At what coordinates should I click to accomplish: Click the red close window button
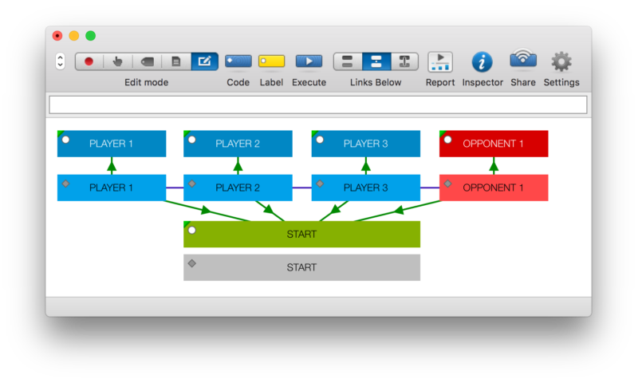click(x=57, y=36)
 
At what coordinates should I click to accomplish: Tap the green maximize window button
click(x=90, y=36)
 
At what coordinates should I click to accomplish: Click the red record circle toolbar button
click(x=89, y=61)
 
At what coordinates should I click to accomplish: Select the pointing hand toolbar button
click(x=117, y=61)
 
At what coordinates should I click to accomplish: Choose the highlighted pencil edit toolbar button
click(x=204, y=61)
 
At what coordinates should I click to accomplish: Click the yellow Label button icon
click(x=271, y=61)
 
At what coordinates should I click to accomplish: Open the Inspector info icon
click(x=482, y=62)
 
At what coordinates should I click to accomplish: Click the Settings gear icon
click(x=561, y=61)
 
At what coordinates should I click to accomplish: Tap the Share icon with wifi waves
click(x=523, y=58)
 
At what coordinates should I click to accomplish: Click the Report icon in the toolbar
click(x=440, y=62)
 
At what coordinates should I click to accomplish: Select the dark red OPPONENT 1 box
click(x=494, y=144)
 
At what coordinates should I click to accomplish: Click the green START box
click(x=301, y=234)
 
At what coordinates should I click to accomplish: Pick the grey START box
click(x=301, y=267)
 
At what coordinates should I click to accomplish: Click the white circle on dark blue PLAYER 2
click(x=192, y=140)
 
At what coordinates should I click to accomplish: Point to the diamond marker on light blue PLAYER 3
click(x=320, y=184)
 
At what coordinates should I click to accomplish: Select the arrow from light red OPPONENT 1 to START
click(x=397, y=211)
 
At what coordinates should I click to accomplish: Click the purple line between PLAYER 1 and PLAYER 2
click(x=175, y=188)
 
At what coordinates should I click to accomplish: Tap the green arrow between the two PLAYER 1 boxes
click(x=112, y=166)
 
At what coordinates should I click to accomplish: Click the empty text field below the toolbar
click(x=317, y=105)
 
